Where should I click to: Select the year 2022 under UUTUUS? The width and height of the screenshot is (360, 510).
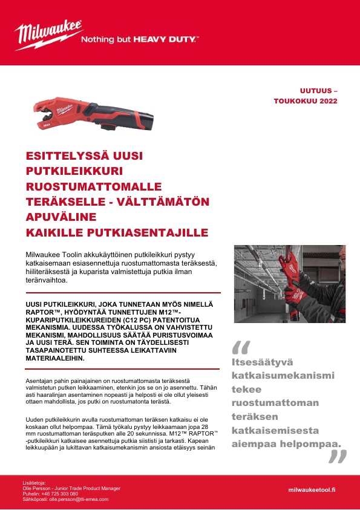click(327, 100)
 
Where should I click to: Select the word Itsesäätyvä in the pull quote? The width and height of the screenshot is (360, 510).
click(262, 362)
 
